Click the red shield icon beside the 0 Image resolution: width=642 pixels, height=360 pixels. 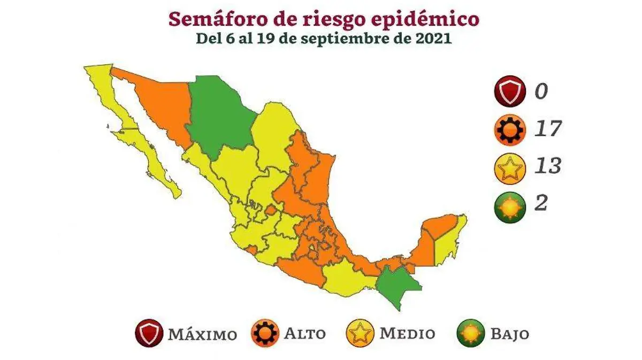coord(510,92)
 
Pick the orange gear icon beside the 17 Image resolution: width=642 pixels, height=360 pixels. coord(510,130)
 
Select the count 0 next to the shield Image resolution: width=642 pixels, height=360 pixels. coord(541,92)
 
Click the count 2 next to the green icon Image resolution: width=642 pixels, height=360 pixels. coord(541,204)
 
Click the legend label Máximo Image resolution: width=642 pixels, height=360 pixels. coord(202,334)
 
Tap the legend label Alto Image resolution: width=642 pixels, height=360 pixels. coord(304,334)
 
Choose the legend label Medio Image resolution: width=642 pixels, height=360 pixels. coord(407,334)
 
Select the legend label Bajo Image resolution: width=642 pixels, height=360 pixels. coord(509,334)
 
